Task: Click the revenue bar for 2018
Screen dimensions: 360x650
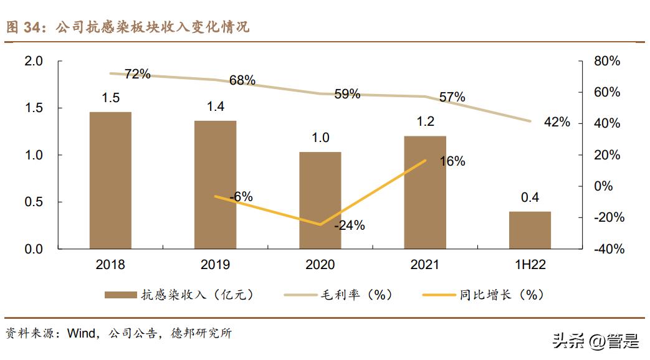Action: click(110, 181)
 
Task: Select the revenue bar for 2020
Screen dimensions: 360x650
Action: click(320, 200)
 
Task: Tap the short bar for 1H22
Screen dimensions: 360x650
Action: click(530, 230)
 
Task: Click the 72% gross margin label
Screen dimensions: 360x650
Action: click(137, 74)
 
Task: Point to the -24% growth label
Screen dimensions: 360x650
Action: click(349, 225)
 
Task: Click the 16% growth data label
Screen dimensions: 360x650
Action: click(452, 161)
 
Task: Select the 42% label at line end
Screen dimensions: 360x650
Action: click(557, 122)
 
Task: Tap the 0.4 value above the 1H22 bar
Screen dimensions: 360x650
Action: click(530, 198)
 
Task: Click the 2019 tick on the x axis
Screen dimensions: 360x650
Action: click(215, 265)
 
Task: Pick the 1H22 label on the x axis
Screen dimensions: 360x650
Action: click(530, 265)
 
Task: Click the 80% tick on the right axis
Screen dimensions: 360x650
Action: click(607, 61)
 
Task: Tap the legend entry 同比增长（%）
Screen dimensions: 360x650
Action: click(483, 295)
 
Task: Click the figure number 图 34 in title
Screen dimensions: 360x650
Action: click(22, 27)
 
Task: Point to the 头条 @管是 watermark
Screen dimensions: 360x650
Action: click(595, 341)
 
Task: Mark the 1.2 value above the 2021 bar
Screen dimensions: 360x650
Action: click(425, 121)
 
